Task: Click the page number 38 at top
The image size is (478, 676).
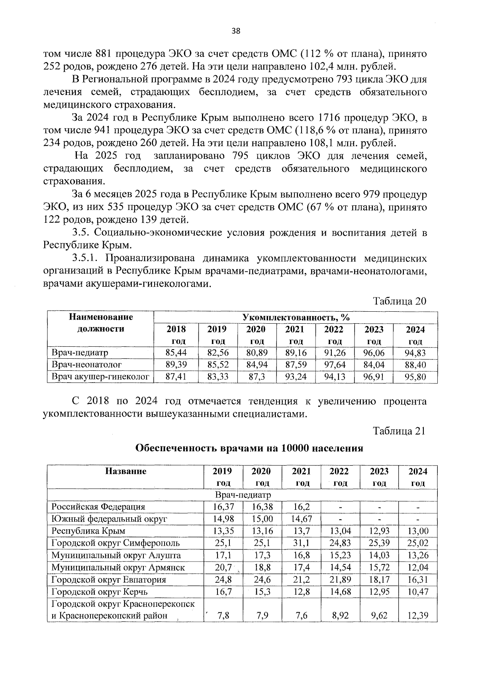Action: click(236, 31)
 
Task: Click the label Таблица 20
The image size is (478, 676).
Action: click(400, 301)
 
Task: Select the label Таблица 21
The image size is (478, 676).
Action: click(399, 431)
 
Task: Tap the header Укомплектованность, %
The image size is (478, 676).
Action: click(296, 317)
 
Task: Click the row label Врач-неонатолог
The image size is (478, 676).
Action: click(87, 364)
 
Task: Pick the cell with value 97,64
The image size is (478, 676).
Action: click(335, 364)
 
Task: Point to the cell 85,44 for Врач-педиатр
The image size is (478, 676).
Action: click(176, 352)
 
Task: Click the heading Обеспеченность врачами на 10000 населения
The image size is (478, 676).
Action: click(249, 448)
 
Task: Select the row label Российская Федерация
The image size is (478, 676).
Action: click(98, 507)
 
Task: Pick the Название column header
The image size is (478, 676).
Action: click(125, 471)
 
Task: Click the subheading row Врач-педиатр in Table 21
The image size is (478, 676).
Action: click(243, 495)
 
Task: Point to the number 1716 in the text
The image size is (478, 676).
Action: click(329, 118)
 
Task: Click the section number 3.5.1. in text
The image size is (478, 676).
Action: click(86, 258)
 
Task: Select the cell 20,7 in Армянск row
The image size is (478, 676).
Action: click(223, 567)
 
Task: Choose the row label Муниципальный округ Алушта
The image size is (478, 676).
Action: click(116, 555)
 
